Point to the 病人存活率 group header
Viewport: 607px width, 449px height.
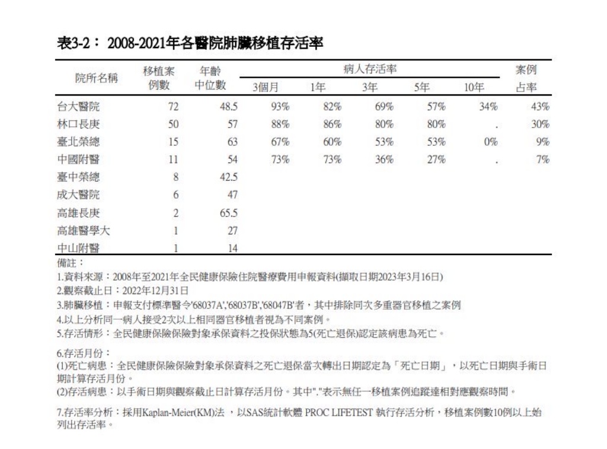[x=370, y=69]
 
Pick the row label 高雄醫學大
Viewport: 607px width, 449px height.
[x=84, y=231]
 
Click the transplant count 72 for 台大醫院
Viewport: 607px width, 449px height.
[x=173, y=107]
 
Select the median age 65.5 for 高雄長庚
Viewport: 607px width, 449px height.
[x=228, y=214]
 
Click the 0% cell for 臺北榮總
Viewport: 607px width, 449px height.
[x=490, y=142]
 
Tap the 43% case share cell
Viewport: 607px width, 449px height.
[x=540, y=107]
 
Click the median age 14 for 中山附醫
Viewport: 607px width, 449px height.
[x=233, y=249]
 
